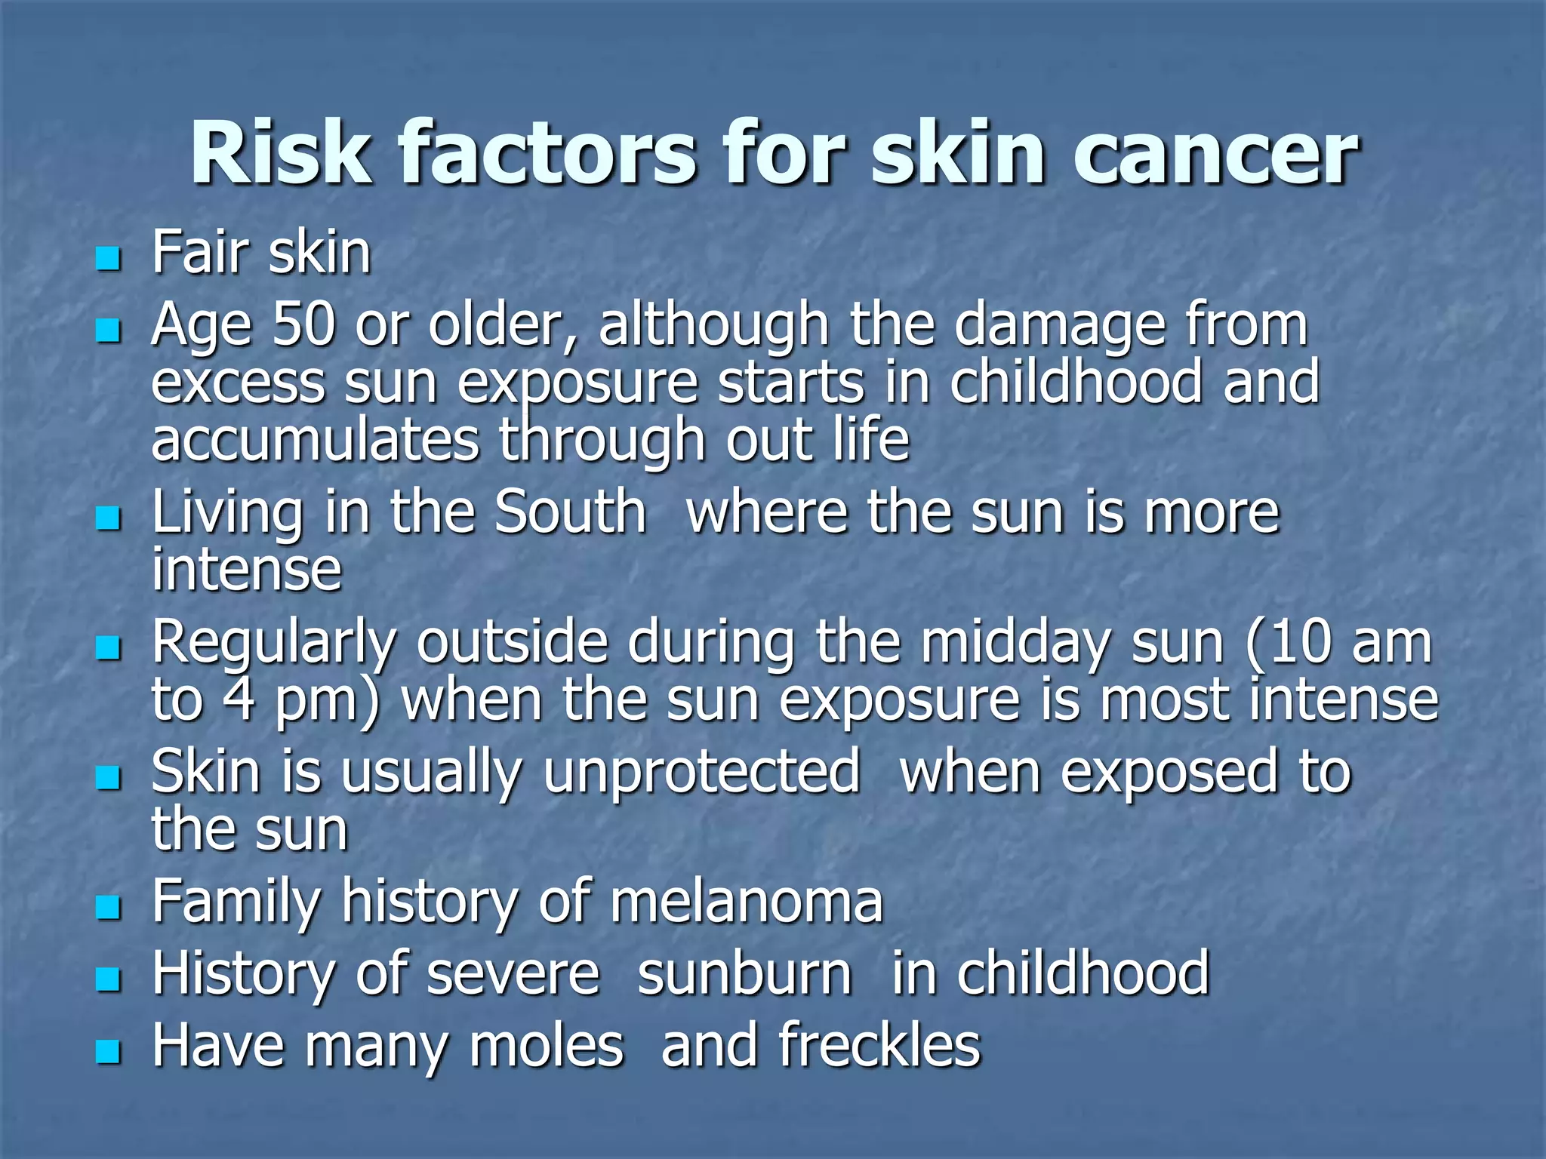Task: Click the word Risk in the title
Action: point(281,154)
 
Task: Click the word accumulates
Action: point(315,441)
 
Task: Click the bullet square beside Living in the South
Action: point(109,518)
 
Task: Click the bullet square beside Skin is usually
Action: point(109,778)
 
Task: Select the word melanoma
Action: point(746,901)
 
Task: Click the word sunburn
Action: point(745,973)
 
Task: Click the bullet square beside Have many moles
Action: point(109,1051)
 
